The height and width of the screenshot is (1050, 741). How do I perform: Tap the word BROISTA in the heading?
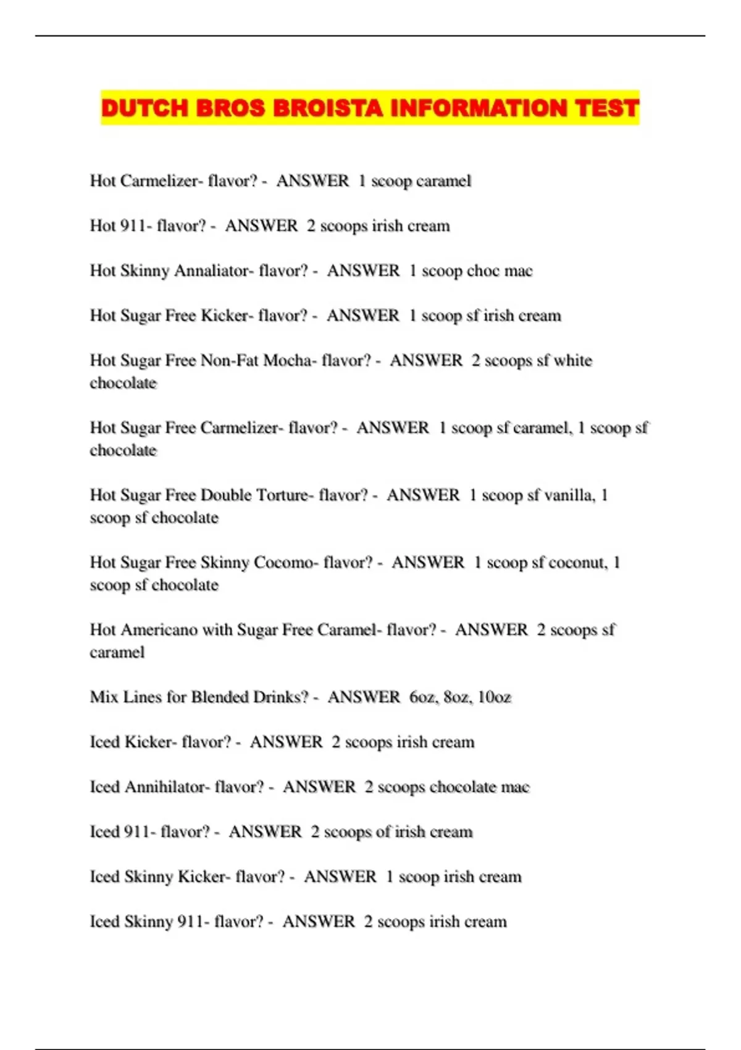coord(328,108)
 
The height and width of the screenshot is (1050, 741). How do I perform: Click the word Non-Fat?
coord(230,360)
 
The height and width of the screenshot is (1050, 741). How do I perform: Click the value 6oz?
coord(422,697)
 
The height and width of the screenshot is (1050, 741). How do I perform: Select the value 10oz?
coord(495,697)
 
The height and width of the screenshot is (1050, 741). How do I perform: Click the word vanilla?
coord(568,495)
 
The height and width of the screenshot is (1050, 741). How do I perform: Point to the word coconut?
coord(578,562)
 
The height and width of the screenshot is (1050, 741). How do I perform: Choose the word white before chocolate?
coord(573,360)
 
